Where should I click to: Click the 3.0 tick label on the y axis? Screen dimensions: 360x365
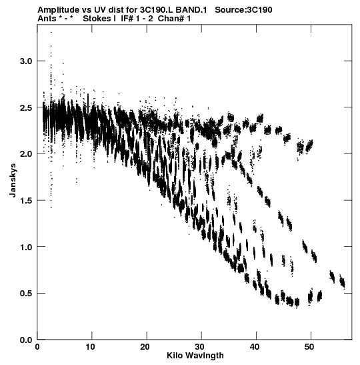click(26, 61)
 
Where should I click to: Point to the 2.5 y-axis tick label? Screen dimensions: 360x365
click(26, 108)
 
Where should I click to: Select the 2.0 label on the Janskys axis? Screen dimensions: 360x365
click(26, 154)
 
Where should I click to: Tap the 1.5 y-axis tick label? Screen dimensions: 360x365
click(26, 201)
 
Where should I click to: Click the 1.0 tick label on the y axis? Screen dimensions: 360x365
click(26, 247)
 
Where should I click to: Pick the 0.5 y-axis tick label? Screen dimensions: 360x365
click(26, 294)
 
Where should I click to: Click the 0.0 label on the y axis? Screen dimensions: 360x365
click(26, 340)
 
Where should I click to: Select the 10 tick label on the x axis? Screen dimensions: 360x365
click(90, 347)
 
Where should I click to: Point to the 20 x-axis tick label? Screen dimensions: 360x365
click(145, 347)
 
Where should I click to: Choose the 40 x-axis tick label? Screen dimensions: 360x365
click(255, 347)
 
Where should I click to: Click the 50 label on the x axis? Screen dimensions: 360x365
click(309, 347)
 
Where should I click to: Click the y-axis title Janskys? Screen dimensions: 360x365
click(13, 180)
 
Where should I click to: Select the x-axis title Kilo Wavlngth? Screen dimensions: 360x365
click(195, 356)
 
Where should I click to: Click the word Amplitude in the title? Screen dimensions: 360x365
click(59, 10)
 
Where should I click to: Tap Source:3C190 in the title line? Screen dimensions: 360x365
click(243, 10)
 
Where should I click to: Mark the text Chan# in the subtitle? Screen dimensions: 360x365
click(171, 19)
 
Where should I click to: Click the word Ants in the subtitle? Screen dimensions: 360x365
click(47, 19)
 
